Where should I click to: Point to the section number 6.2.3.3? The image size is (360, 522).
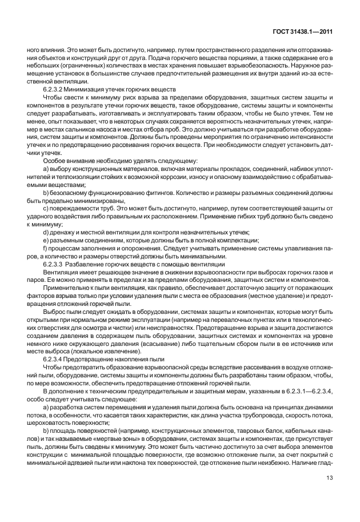(x=54, y=265)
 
